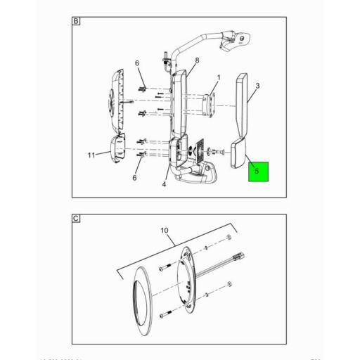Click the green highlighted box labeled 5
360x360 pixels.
258,170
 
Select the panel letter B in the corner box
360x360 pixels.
76,22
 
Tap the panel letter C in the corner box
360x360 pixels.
76,219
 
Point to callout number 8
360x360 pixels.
197,61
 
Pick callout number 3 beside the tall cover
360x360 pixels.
258,86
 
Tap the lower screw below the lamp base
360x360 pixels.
163,313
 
